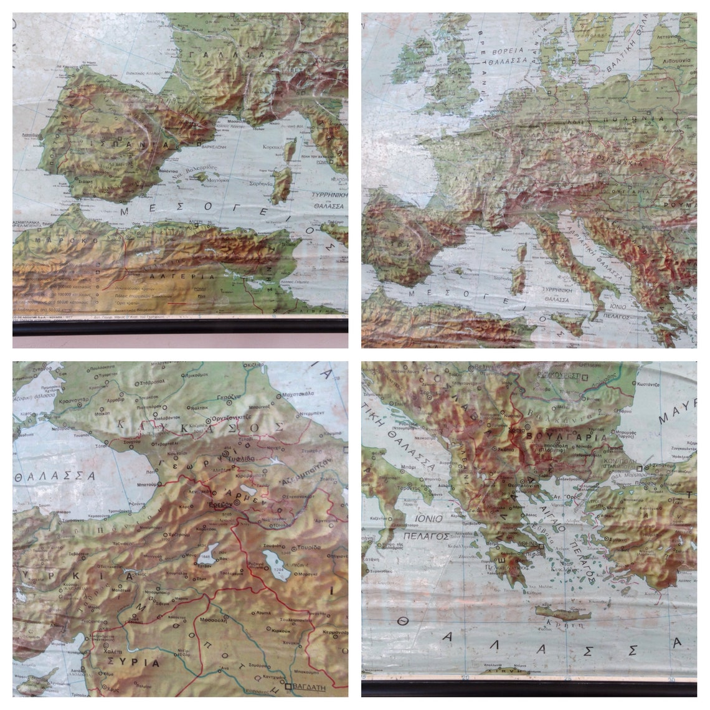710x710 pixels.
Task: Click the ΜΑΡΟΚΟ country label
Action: pos(52,240)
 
